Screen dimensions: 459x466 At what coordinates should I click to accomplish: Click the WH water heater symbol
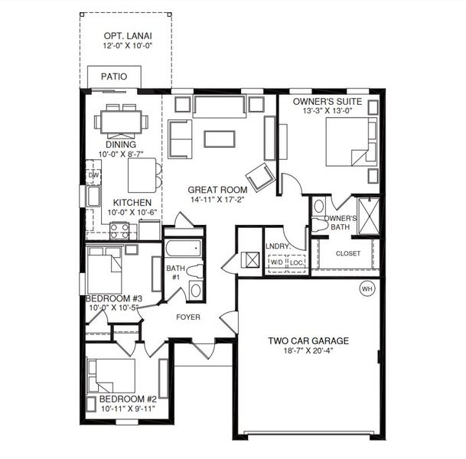click(x=367, y=289)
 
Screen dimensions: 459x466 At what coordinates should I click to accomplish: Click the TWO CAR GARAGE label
click(x=308, y=341)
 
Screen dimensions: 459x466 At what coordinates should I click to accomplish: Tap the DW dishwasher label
click(x=94, y=175)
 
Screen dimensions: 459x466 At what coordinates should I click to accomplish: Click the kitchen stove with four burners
click(x=119, y=229)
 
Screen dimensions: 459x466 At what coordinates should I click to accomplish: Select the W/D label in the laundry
click(x=275, y=263)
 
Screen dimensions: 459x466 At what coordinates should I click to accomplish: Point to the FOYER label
click(x=188, y=317)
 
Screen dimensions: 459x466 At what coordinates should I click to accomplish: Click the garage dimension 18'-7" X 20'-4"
click(x=308, y=353)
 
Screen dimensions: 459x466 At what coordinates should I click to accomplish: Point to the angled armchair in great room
click(x=259, y=175)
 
